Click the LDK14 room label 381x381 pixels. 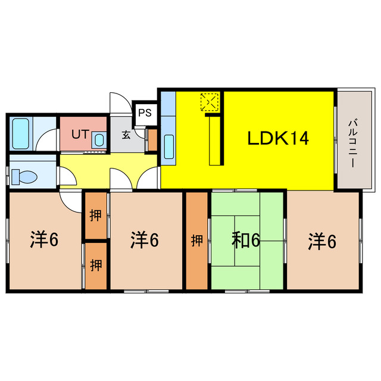(x=278, y=138)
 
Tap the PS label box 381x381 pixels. (x=145, y=113)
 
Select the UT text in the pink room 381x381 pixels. (x=80, y=134)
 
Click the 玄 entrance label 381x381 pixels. (x=126, y=135)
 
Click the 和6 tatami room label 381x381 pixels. (x=246, y=240)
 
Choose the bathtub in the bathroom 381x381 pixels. (x=21, y=133)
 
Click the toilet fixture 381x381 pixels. (x=24, y=177)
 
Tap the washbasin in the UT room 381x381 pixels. (x=99, y=140)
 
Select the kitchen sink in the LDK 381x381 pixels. (x=169, y=147)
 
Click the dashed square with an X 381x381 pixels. (x=209, y=102)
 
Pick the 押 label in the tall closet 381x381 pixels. (x=197, y=241)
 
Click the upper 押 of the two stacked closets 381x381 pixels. (x=95, y=216)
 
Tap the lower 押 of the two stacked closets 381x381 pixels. (x=96, y=265)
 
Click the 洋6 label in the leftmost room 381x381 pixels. (x=44, y=239)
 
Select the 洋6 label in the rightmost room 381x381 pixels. (x=322, y=241)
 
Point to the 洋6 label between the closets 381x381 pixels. (x=145, y=240)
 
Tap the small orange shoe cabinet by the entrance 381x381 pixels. (x=152, y=140)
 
